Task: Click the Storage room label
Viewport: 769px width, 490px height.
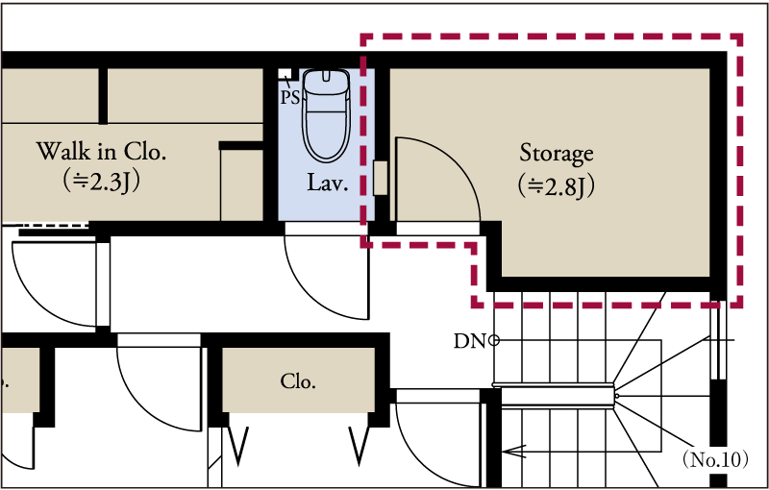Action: (557, 155)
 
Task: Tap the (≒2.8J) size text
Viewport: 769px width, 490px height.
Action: (557, 186)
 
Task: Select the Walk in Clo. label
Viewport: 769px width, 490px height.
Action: (101, 152)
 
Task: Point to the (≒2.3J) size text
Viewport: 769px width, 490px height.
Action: (102, 182)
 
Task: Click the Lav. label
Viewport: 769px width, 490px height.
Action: (328, 184)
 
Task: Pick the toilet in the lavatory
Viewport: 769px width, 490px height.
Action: (326, 115)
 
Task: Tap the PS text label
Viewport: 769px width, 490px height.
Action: (290, 97)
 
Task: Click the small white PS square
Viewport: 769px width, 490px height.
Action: (285, 74)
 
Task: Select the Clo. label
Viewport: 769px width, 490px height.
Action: (298, 381)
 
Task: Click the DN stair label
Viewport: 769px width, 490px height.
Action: (469, 341)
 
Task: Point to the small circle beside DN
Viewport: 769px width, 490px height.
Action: (494, 340)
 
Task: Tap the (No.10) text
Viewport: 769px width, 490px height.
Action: (715, 459)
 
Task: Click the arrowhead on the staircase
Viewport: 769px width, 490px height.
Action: (513, 451)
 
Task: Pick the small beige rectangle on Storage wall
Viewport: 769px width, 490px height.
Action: (380, 178)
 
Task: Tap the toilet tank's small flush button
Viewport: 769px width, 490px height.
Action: (327, 76)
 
